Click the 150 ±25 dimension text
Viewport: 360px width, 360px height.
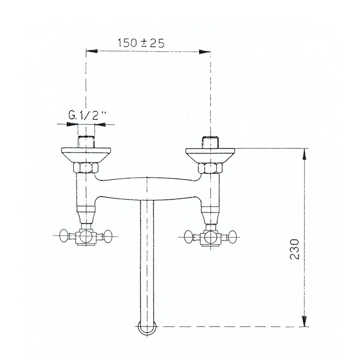[x=142, y=42]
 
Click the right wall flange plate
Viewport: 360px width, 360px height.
[x=210, y=154]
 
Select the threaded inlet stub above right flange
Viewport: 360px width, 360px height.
[x=210, y=142]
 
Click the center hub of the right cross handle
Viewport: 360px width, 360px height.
[x=210, y=237]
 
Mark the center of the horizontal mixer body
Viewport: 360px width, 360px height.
[x=148, y=188]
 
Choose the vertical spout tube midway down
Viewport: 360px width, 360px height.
[x=148, y=260]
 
